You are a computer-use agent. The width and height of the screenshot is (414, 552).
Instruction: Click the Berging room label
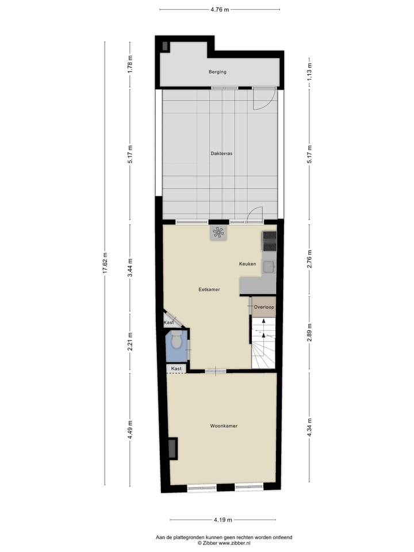(x=217, y=72)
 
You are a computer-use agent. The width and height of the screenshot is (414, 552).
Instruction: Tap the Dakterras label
(x=221, y=154)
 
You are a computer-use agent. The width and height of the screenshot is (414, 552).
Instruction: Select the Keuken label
(x=248, y=264)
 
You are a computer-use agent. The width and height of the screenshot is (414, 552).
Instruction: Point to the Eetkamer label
(x=210, y=290)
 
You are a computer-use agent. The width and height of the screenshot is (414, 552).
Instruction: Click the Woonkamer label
(x=224, y=426)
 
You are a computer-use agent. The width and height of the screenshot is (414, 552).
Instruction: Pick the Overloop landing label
(x=264, y=307)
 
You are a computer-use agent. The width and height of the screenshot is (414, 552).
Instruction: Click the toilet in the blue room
(x=177, y=342)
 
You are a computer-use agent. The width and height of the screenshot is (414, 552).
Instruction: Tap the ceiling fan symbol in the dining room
(x=218, y=233)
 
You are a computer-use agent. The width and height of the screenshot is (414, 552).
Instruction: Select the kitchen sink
(x=269, y=266)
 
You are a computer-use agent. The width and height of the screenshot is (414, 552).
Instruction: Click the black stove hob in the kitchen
(x=269, y=241)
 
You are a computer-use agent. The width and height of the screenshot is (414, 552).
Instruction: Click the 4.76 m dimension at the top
(x=220, y=10)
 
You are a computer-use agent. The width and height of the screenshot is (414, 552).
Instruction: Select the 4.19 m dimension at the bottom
(x=223, y=520)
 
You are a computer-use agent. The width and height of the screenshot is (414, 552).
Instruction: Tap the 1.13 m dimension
(x=309, y=72)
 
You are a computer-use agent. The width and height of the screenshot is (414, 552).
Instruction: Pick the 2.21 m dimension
(x=131, y=342)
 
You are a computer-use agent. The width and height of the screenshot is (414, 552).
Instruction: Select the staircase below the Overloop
(x=263, y=346)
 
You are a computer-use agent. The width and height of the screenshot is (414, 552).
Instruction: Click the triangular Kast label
(x=168, y=323)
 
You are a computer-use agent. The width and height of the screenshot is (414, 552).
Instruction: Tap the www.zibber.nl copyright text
(x=224, y=543)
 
